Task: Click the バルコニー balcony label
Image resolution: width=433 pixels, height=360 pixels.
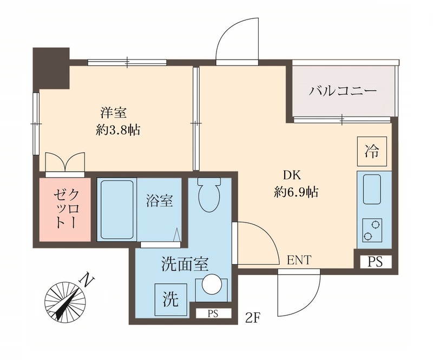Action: [x=342, y=90]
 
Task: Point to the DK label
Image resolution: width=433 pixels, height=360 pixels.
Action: [x=292, y=175]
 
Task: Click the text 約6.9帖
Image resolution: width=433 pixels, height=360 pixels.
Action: [x=295, y=192]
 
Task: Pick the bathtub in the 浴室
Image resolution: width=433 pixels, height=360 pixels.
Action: [x=116, y=210]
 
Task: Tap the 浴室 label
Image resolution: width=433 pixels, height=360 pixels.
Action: [x=160, y=201]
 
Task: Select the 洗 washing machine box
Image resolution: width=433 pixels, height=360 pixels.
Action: [x=170, y=298]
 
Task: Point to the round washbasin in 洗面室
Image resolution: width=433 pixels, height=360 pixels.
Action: [x=209, y=285]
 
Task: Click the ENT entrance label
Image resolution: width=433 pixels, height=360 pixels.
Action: [x=299, y=260]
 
